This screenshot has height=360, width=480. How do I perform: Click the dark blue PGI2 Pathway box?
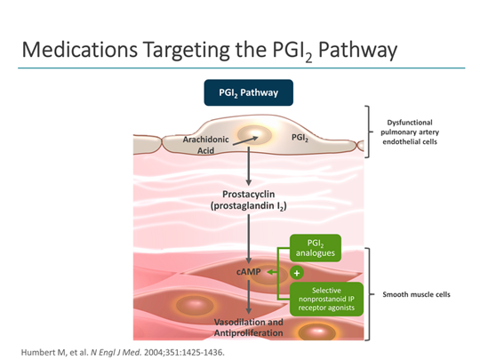(242, 92)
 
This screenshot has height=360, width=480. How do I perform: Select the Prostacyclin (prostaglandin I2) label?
(242, 200)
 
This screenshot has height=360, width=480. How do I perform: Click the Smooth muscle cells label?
(420, 294)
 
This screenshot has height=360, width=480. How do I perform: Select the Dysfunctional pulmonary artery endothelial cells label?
(420, 132)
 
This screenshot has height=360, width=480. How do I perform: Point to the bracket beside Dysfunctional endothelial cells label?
(367, 132)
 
